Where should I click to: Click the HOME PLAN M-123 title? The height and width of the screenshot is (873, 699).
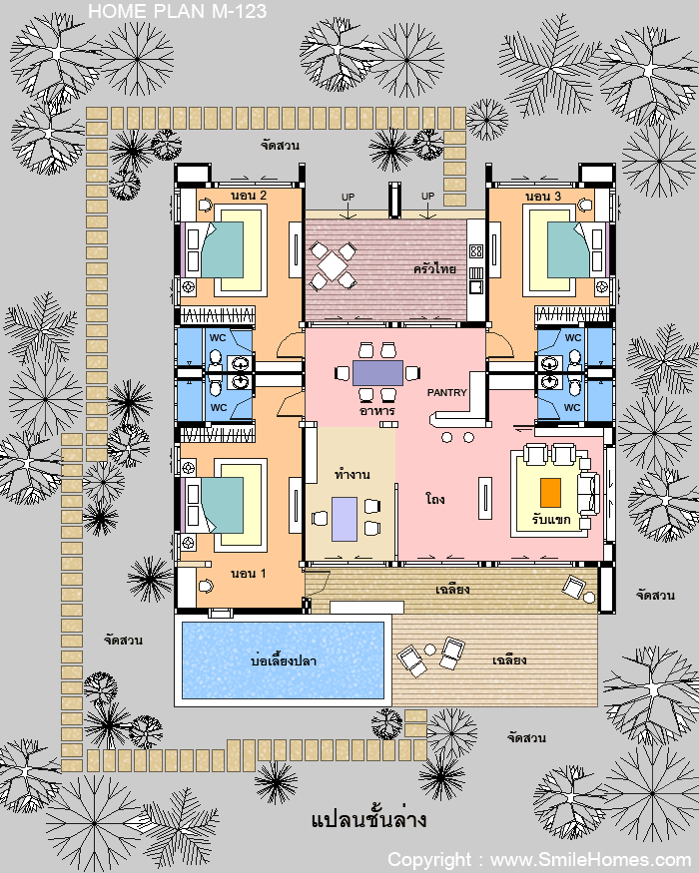[178, 11]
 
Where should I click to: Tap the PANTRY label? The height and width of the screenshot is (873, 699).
[446, 392]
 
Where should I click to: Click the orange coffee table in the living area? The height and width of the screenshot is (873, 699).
[550, 493]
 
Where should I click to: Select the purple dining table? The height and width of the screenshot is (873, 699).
[377, 373]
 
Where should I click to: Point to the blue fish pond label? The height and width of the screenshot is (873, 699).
[284, 660]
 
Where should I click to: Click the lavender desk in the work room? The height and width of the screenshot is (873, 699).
[345, 519]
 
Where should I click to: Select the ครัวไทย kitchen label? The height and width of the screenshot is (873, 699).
[434, 269]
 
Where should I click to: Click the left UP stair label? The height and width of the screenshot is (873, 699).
[348, 198]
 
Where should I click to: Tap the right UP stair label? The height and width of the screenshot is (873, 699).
[427, 196]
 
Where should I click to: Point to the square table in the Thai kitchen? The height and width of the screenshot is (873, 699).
[333, 266]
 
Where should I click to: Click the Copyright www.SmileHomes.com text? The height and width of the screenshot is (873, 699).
[539, 860]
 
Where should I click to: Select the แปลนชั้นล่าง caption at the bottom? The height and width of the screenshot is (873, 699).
[369, 819]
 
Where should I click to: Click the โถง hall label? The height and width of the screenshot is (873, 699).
[434, 498]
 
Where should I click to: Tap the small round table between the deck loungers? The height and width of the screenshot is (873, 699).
[429, 650]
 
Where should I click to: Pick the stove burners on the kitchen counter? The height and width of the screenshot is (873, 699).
[476, 251]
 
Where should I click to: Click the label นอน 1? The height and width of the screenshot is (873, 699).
[249, 573]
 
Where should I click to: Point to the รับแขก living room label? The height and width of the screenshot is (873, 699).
[551, 520]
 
